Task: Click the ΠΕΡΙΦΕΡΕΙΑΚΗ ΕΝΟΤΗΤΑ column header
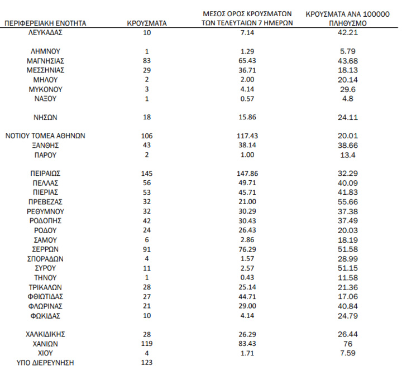pyautogui.click(x=45, y=24)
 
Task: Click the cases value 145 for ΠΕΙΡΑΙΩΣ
pyautogui.click(x=147, y=174)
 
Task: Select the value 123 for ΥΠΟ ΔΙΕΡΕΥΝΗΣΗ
pyautogui.click(x=147, y=363)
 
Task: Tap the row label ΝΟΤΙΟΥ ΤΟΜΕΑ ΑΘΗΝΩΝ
pyautogui.click(x=45, y=136)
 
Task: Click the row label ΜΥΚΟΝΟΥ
pyautogui.click(x=45, y=89)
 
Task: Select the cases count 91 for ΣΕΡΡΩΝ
pyautogui.click(x=147, y=249)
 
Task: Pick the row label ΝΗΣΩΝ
pyautogui.click(x=45, y=117)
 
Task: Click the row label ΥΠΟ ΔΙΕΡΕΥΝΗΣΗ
pyautogui.click(x=45, y=363)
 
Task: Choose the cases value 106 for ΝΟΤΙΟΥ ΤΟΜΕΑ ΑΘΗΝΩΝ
pyautogui.click(x=147, y=136)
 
